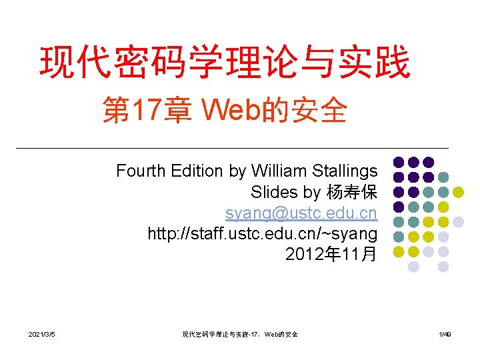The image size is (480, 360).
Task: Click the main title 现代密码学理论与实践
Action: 225,62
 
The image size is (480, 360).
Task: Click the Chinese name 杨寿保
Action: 351,192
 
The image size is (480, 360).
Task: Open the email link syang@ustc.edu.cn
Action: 301,213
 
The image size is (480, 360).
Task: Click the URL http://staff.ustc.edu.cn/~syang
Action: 262,234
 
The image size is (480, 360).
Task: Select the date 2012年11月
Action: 331,255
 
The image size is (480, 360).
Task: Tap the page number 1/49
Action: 443,334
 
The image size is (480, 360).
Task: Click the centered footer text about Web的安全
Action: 240,334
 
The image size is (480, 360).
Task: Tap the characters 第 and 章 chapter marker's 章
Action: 177,111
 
